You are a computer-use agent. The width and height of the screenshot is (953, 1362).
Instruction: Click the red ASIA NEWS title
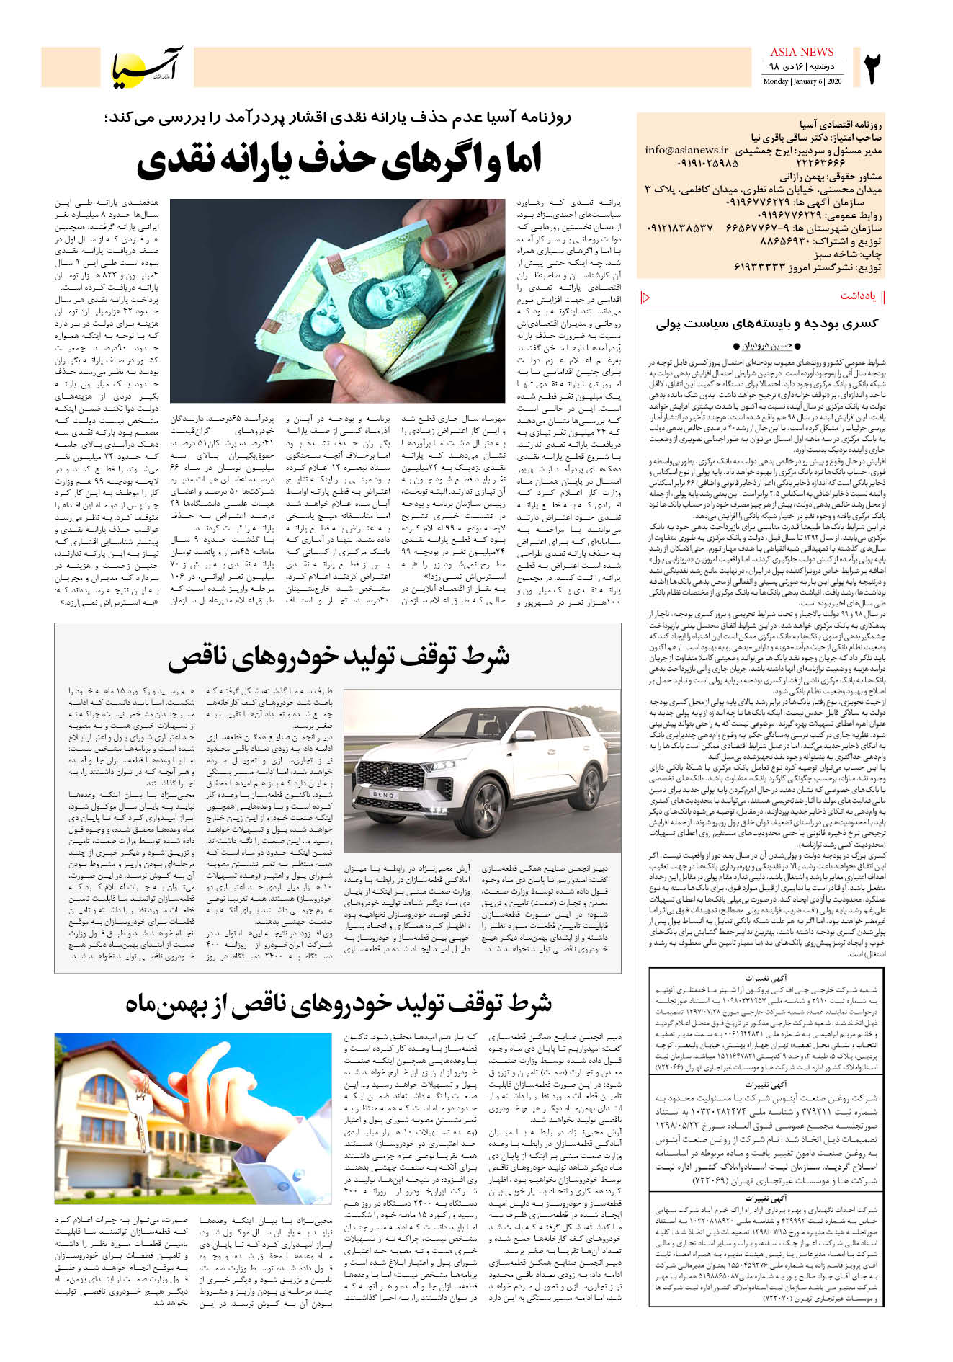click(801, 52)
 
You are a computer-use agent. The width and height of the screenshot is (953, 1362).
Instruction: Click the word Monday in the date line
click(775, 81)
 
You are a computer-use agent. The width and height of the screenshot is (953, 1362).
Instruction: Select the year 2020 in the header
click(833, 81)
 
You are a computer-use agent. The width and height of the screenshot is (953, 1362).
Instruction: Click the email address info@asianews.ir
click(686, 151)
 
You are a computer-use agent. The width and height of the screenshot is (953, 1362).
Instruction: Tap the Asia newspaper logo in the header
click(148, 67)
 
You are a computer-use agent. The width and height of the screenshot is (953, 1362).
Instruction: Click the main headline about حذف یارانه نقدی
click(339, 159)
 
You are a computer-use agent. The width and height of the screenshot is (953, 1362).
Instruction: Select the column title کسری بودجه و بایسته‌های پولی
click(766, 324)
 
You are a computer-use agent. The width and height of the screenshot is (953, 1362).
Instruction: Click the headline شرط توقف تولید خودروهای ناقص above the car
click(339, 656)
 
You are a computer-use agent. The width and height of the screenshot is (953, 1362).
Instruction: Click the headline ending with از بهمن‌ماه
click(339, 1002)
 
